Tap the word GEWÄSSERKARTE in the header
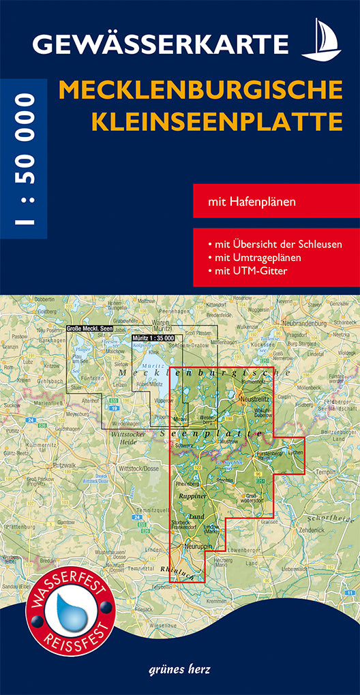161,45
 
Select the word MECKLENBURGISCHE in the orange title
201,90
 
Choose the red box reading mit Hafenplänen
275,200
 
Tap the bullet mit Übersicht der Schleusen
276,244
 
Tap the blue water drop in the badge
67,608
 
